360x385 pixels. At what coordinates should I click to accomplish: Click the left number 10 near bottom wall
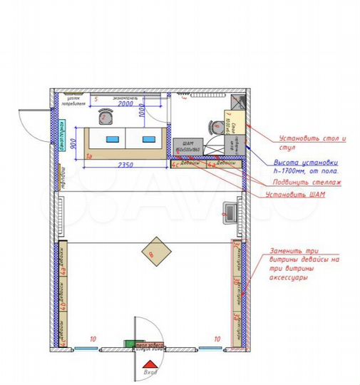click(x=91, y=339)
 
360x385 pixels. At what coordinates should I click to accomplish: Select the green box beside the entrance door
click(x=130, y=344)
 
